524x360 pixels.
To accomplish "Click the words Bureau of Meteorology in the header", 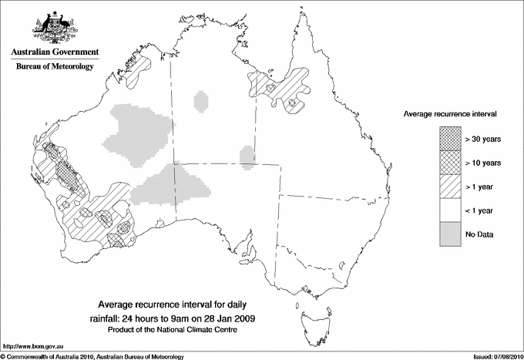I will tap(55, 67).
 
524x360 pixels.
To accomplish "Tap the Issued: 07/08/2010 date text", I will tap(494, 355).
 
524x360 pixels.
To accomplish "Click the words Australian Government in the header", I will tap(55, 52).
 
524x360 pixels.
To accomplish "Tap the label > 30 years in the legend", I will tap(483, 139).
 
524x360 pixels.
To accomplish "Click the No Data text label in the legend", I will tap(480, 234).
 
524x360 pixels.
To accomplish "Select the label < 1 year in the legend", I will tap(481, 210).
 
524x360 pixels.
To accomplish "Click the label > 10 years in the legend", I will tap(483, 163).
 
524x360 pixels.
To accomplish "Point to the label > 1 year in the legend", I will tap(481, 187).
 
